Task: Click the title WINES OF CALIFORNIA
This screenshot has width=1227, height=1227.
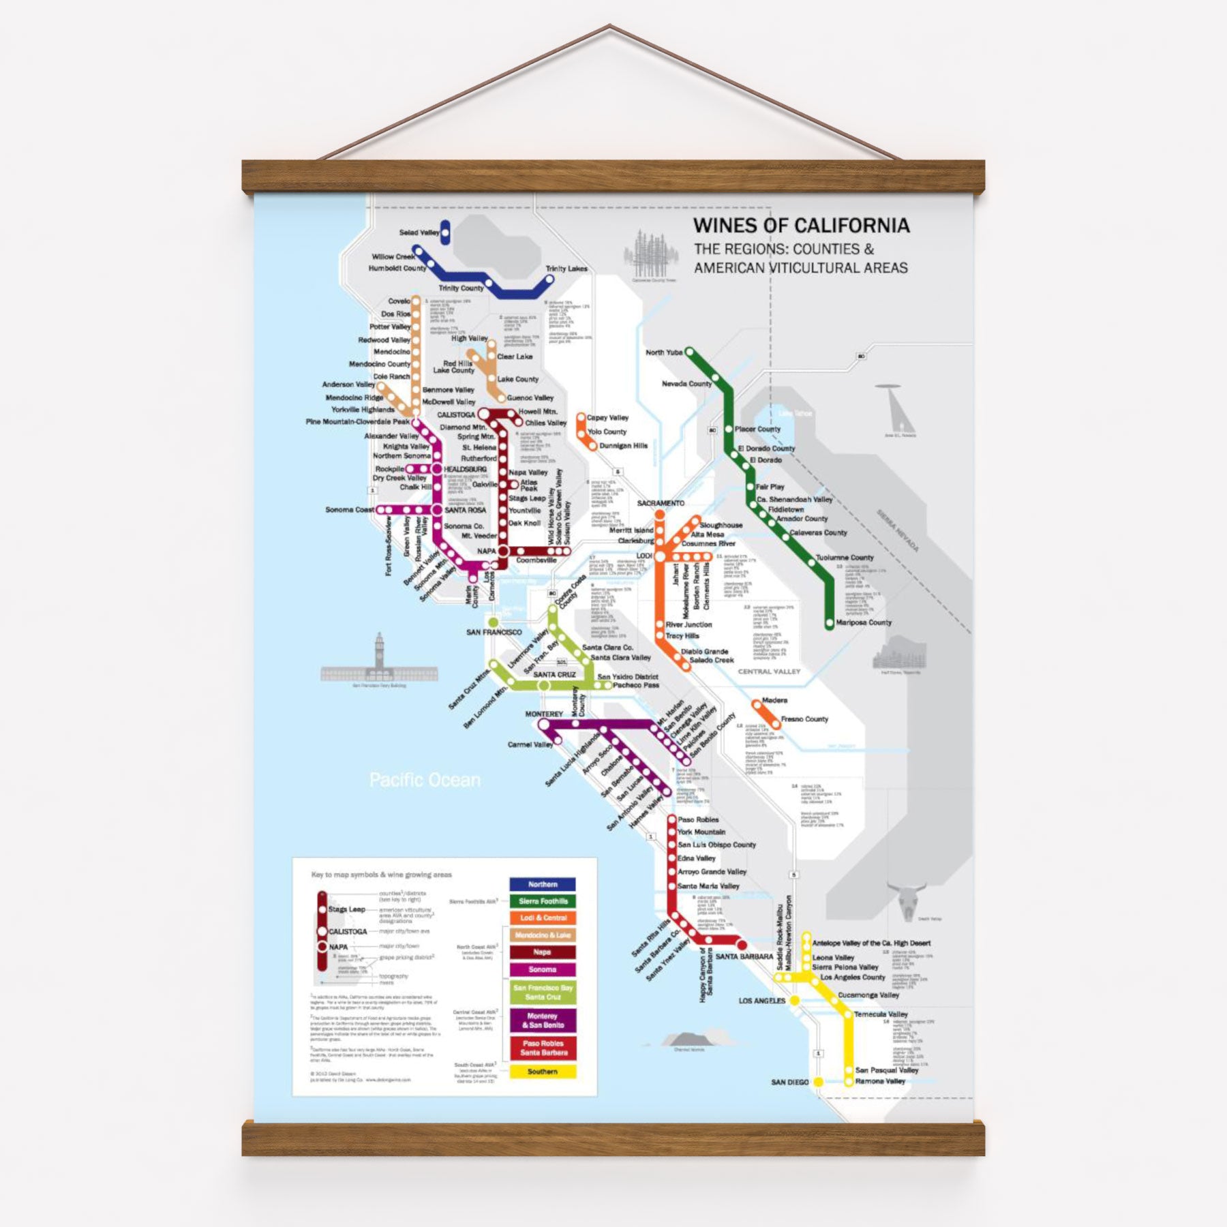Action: click(801, 226)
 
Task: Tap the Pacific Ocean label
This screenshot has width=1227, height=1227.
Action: click(425, 780)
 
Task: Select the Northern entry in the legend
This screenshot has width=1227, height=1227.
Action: click(543, 884)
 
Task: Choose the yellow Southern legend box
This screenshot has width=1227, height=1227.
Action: click(543, 1072)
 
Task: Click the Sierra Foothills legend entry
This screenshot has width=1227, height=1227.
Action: click(543, 901)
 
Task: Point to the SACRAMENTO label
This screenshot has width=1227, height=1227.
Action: click(661, 503)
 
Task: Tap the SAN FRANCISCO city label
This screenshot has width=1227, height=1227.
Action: click(494, 633)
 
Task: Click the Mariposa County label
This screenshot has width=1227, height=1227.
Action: click(864, 622)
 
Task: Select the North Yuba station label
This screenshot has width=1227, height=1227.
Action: click(664, 352)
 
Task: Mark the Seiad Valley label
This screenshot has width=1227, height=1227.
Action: click(419, 232)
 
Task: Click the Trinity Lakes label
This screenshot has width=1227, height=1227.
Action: click(566, 269)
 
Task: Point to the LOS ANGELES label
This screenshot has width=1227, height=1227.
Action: click(762, 1001)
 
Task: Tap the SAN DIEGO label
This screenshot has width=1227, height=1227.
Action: click(789, 1082)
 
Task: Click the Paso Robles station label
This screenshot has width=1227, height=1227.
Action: click(698, 819)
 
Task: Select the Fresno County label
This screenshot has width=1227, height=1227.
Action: click(804, 719)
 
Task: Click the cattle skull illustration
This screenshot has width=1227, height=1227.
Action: click(906, 898)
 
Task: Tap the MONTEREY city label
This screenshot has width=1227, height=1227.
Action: click(543, 714)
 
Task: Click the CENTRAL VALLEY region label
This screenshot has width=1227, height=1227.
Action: click(769, 671)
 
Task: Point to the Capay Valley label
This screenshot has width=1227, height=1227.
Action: click(607, 418)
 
